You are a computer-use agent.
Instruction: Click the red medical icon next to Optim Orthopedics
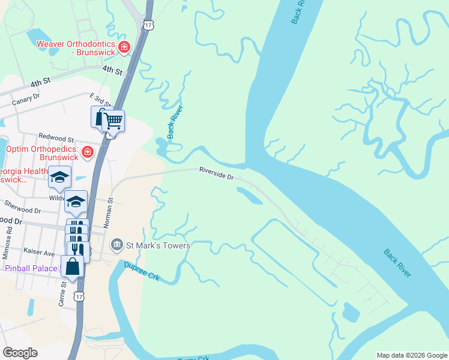pyautogui.click(x=88, y=152)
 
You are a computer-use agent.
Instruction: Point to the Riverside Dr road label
pyautogui.click(x=216, y=174)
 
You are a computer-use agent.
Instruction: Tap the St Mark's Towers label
pyautogui.click(x=158, y=245)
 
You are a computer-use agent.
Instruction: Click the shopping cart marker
pyautogui.click(x=112, y=122)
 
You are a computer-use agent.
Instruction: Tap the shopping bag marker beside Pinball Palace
pyautogui.click(x=72, y=267)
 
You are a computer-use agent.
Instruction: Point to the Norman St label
pyautogui.click(x=110, y=213)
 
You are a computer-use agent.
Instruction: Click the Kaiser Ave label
pyautogui.click(x=39, y=253)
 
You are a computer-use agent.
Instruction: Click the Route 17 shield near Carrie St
pyautogui.click(x=79, y=296)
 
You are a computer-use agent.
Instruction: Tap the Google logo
pyautogui.click(x=20, y=353)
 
